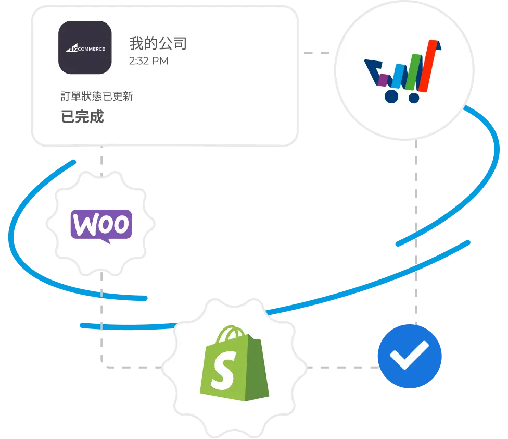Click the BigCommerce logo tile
click(x=85, y=47)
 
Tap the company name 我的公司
click(x=158, y=43)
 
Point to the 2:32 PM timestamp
click(x=149, y=61)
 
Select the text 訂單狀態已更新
click(x=96, y=97)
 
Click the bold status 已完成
click(x=82, y=117)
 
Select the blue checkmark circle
click(x=409, y=357)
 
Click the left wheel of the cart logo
click(x=390, y=96)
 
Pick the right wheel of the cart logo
click(x=414, y=97)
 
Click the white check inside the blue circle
click(x=409, y=356)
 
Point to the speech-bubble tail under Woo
click(x=106, y=240)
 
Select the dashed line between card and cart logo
click(x=319, y=52)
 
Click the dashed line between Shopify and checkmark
click(x=341, y=367)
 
